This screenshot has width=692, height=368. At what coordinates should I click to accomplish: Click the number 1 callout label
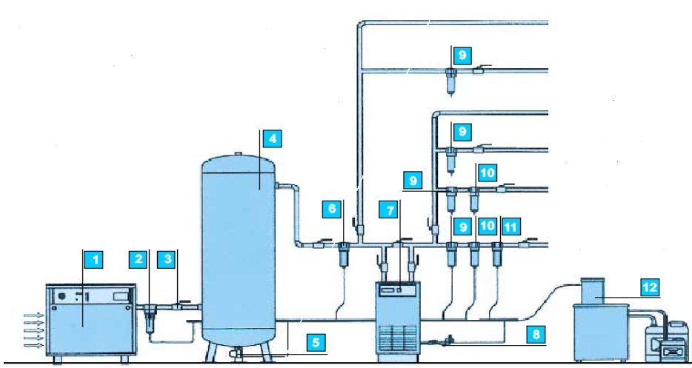pos(93,259)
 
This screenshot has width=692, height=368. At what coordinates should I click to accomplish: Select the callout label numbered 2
pos(138,259)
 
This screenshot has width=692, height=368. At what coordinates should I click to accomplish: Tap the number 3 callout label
pos(167,259)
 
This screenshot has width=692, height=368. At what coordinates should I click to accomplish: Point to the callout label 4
pos(273,139)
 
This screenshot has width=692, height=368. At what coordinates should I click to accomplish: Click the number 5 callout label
pos(316,342)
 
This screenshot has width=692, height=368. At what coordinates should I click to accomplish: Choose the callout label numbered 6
pos(332,209)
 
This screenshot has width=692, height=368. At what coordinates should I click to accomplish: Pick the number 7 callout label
pos(389,210)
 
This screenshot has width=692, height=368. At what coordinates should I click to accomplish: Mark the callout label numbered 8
pos(536,334)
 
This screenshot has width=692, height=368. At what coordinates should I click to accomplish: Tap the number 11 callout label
pos(510,227)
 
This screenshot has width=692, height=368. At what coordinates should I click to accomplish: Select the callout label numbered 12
pos(650,288)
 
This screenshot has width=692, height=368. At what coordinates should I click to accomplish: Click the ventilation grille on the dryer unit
pos(397,338)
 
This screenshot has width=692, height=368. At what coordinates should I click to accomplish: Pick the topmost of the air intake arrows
pos(34,315)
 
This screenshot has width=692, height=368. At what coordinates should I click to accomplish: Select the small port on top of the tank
pos(239,153)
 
